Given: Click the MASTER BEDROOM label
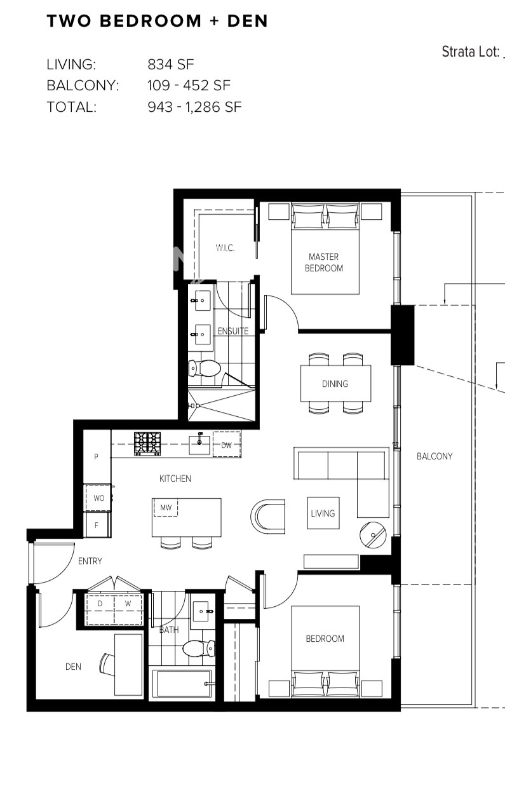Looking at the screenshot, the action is [x=324, y=262].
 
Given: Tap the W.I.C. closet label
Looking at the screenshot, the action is [x=225, y=248].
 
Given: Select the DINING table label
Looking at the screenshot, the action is [x=335, y=384].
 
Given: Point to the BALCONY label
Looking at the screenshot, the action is [x=434, y=456].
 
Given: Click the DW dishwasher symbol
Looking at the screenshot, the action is [x=227, y=445].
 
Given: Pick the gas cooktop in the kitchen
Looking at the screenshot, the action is [x=147, y=444].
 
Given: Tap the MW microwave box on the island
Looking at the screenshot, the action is [x=166, y=508].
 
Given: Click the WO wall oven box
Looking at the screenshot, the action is [x=98, y=498].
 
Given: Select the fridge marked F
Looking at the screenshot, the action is [x=97, y=525].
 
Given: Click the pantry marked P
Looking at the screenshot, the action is [x=97, y=457].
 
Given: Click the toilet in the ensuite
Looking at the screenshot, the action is [x=204, y=369].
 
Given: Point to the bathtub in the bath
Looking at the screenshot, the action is [x=182, y=683].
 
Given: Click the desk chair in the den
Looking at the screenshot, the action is [x=107, y=665].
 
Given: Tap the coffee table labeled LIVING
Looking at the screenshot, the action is [x=323, y=513].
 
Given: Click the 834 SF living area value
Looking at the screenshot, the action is [x=171, y=64].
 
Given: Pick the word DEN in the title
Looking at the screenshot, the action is [x=247, y=21].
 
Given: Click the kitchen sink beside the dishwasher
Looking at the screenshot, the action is [x=199, y=444].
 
